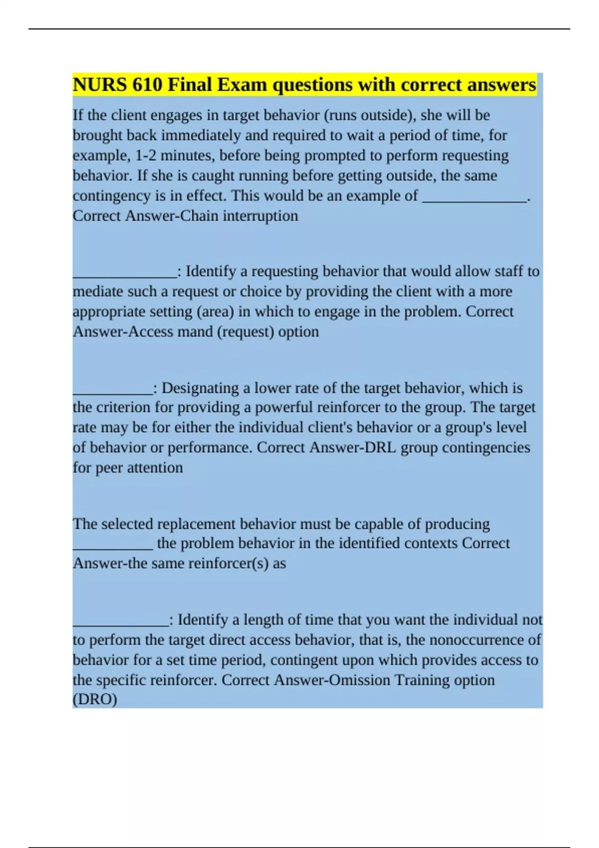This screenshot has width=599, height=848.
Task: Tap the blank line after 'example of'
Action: coord(474,196)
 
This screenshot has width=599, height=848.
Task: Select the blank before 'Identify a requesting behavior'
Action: coord(125,272)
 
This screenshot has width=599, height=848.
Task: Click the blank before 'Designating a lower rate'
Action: coord(113,389)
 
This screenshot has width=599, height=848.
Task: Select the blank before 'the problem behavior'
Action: coord(113,544)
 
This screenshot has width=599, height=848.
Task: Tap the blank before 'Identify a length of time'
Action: coord(121,620)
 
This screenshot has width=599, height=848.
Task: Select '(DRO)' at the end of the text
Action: coord(95,699)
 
